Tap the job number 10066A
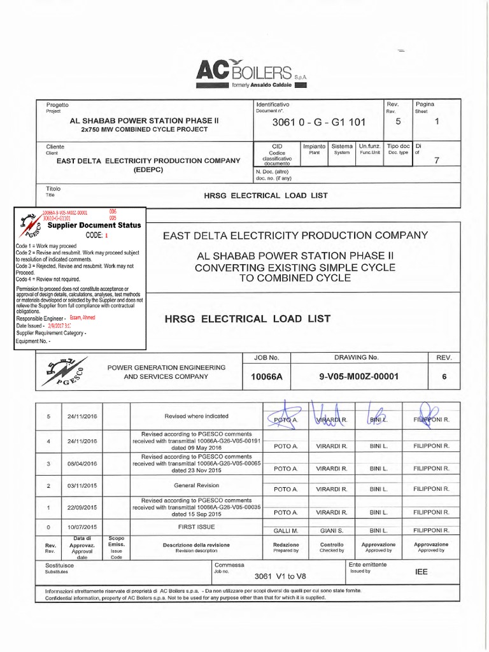[266, 377]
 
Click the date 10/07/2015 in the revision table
[82, 527]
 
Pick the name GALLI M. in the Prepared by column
[285, 530]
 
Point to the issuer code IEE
[422, 572]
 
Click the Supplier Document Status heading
[94, 225]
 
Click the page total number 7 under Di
[436, 160]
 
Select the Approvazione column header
[378, 545]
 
